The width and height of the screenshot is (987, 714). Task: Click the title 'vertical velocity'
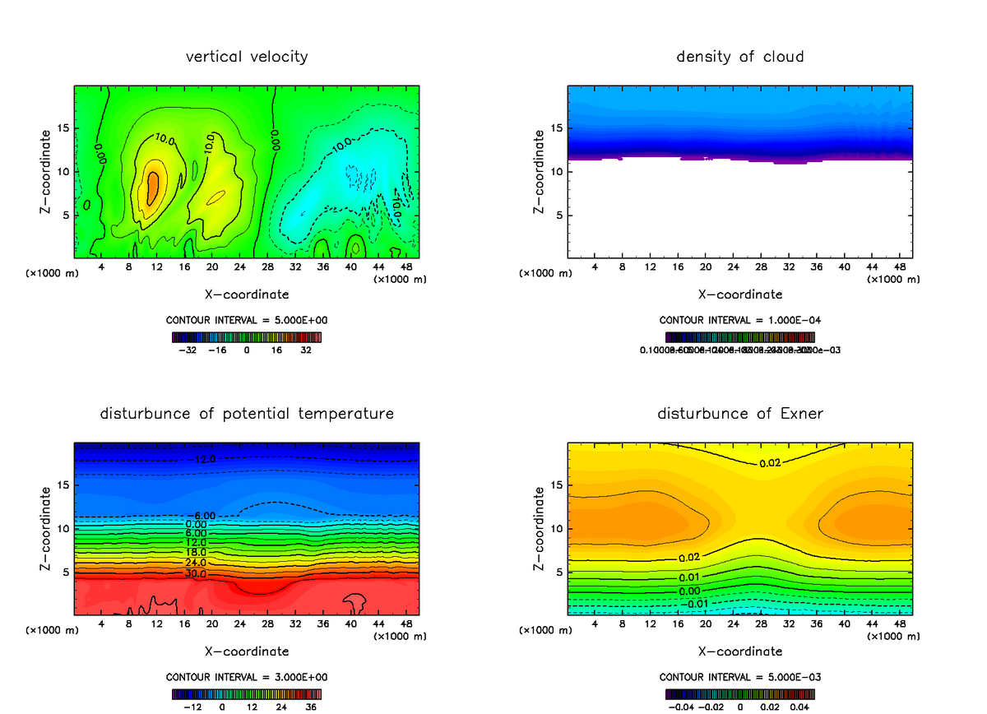(x=247, y=57)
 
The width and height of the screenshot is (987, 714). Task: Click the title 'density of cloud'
(x=740, y=57)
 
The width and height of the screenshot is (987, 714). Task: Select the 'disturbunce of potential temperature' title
(x=247, y=414)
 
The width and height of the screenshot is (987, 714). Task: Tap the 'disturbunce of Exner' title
(x=740, y=414)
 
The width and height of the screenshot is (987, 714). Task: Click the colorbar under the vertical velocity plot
(x=247, y=336)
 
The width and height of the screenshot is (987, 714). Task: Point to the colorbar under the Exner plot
(x=740, y=693)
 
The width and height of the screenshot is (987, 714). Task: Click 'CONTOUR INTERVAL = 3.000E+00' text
(x=247, y=677)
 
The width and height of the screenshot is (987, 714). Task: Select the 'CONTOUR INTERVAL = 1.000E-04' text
(x=740, y=320)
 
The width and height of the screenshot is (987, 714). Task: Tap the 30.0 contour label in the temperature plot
(x=196, y=573)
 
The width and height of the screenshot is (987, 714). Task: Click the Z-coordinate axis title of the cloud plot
(x=539, y=173)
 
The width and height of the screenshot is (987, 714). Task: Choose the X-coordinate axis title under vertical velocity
(x=247, y=294)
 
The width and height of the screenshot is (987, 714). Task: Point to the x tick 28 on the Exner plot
(x=762, y=625)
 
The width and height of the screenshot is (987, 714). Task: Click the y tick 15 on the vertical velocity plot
(x=63, y=128)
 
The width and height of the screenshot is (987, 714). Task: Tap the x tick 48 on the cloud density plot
(x=899, y=268)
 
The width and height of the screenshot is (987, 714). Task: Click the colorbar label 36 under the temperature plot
(x=310, y=706)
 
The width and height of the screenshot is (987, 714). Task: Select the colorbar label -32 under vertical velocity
(x=190, y=350)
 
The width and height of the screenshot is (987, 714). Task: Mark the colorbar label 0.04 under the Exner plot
(x=799, y=706)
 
